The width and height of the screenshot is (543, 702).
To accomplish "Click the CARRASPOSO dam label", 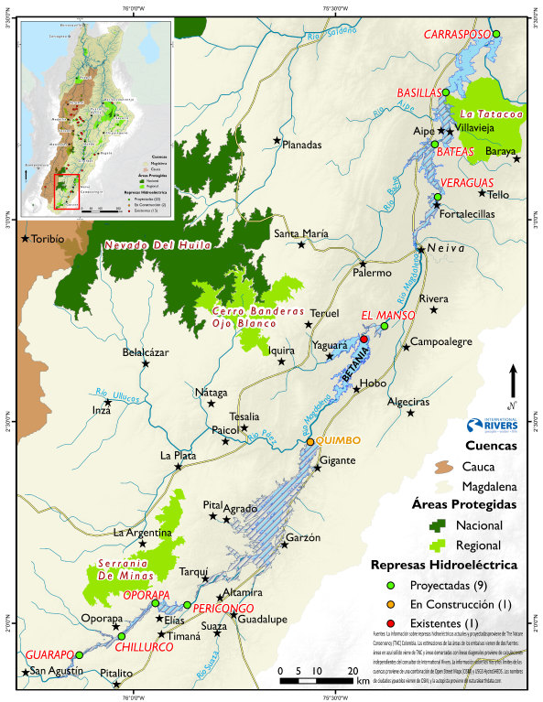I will tap(455, 35).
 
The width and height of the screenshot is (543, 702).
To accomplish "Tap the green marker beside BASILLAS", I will tap(446, 92).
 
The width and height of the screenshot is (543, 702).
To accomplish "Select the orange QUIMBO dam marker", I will tap(310, 442).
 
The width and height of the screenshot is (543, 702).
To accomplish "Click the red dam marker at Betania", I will tap(364, 340).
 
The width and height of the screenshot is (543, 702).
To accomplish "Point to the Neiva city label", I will tap(444, 249).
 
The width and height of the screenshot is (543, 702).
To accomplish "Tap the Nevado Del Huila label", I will tap(157, 245).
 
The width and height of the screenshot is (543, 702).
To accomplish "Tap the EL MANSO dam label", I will tap(388, 315).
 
